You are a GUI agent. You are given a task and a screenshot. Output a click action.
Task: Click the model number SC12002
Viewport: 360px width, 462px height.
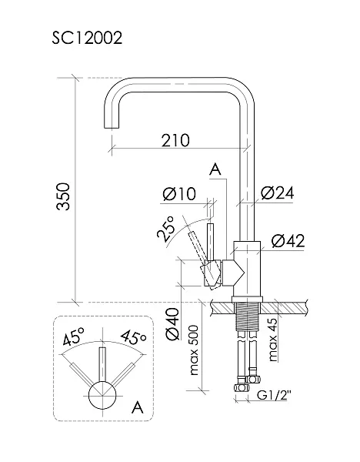pyautogui.click(x=87, y=38)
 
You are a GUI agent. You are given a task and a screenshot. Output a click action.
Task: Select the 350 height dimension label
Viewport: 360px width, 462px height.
pyautogui.click(x=64, y=196)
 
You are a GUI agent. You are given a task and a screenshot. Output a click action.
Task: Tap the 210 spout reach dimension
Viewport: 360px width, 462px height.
pyautogui.click(x=175, y=140)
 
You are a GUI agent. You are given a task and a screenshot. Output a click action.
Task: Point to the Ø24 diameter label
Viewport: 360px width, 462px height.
pyautogui.click(x=277, y=193)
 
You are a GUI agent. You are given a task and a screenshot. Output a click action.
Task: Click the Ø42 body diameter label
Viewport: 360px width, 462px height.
pyautogui.click(x=288, y=241)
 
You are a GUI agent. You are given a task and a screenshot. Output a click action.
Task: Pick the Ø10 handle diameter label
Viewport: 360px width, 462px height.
pyautogui.click(x=179, y=194)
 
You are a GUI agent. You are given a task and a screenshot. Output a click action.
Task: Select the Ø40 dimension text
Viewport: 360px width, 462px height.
pyautogui.click(x=172, y=324)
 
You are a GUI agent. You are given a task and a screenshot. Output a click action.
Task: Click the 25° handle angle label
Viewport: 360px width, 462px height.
pyautogui.click(x=165, y=229)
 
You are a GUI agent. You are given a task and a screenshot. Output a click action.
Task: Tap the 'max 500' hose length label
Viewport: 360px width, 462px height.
pyautogui.click(x=194, y=350)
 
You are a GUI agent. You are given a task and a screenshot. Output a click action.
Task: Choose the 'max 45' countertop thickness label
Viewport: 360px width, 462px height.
pyautogui.click(x=273, y=340)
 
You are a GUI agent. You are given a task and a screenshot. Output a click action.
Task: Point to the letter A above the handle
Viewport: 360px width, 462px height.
pyautogui.click(x=215, y=169)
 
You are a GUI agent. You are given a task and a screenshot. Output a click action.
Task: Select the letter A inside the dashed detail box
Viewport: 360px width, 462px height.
pyautogui.click(x=138, y=407)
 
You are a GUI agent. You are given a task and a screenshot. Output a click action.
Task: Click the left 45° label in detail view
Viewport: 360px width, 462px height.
pyautogui.click(x=74, y=336)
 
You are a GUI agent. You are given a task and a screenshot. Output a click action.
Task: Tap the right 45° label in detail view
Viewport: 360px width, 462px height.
pyautogui.click(x=133, y=337)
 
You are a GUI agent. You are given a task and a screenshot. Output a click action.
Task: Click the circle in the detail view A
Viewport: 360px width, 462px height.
pyautogui.click(x=103, y=395)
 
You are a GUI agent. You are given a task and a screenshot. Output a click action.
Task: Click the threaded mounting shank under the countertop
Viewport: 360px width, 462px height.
pyautogui.click(x=247, y=316)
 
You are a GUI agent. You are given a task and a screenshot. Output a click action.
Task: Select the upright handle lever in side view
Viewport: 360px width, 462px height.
pyautogui.click(x=210, y=243)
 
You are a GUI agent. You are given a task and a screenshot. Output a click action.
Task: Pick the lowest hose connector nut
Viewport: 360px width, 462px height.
pyautogui.click(x=242, y=387)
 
